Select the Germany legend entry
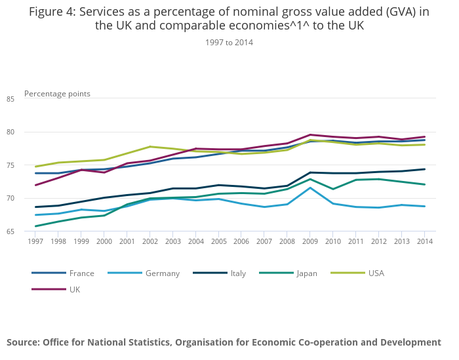click(x=163, y=273)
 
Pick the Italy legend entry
click(x=237, y=273)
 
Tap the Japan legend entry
click(x=306, y=273)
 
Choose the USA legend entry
click(x=376, y=273)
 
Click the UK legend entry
click(x=74, y=289)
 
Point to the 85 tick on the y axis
click(x=28, y=99)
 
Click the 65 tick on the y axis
click(x=28, y=231)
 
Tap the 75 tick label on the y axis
click(x=28, y=165)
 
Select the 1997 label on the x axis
click(x=35, y=241)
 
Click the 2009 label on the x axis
click(x=310, y=241)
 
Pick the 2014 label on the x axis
click(x=425, y=241)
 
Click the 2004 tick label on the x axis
click(x=196, y=241)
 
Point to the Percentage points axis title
click(x=57, y=94)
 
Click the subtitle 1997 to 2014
click(x=229, y=43)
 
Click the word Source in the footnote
click(x=24, y=342)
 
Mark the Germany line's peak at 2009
click(x=310, y=188)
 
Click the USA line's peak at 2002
click(x=150, y=146)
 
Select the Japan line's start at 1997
click(x=35, y=226)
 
